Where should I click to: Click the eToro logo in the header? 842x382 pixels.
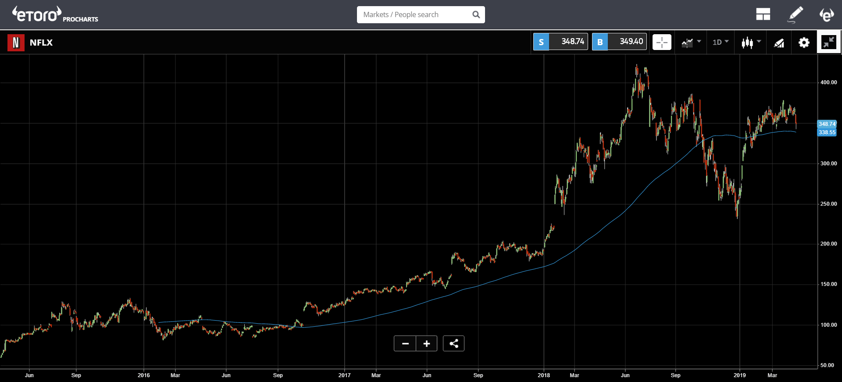[x=37, y=14]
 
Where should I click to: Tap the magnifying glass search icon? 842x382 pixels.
[x=476, y=14]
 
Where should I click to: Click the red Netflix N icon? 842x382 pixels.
[x=16, y=43]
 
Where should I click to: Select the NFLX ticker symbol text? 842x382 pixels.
[x=41, y=43]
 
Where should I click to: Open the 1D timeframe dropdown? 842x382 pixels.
[x=720, y=42]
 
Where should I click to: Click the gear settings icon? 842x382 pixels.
[x=804, y=43]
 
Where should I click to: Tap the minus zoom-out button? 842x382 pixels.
[x=405, y=343]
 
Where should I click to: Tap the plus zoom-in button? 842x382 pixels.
[x=427, y=343]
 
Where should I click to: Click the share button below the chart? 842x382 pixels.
[x=453, y=343]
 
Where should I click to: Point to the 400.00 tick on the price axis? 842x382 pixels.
[x=828, y=82]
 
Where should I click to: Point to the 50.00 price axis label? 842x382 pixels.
[x=827, y=365]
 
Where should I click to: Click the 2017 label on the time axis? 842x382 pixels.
[x=344, y=375]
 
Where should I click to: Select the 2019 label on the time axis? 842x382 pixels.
[x=739, y=375]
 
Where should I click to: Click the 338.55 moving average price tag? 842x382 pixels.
[x=827, y=132]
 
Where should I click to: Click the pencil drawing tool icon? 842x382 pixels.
[x=795, y=14]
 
